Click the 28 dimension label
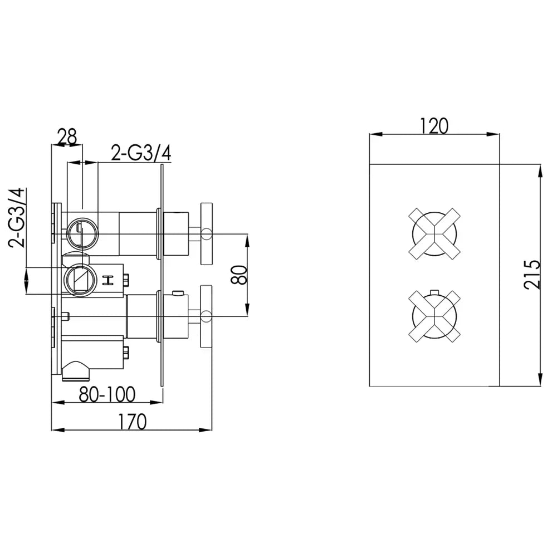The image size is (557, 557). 67,137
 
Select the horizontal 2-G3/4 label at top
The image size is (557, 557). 141,153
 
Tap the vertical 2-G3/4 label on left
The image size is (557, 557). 17,218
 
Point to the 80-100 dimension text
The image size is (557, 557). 107,394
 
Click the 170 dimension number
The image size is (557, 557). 132,422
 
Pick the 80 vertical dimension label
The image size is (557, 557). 239,275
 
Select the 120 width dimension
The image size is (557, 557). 434,126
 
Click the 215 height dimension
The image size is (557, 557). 532,275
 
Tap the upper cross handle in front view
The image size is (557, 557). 434,234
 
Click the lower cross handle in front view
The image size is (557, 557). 434,316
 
